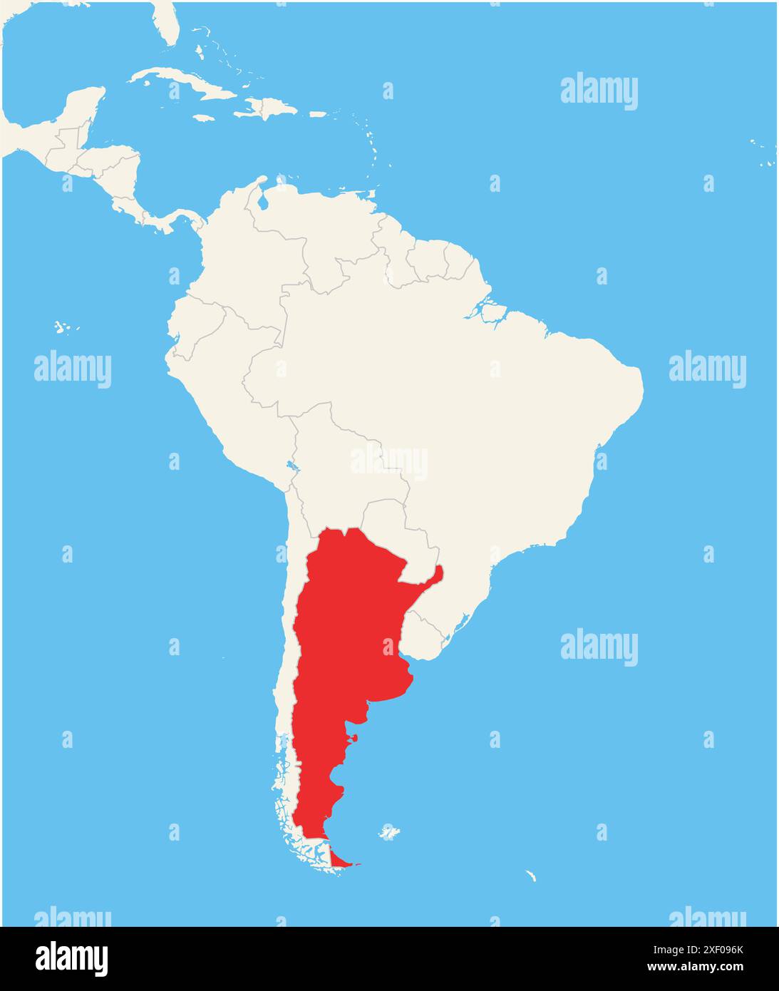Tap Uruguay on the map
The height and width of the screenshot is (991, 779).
point(431,631)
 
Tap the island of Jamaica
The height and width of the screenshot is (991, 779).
point(204,118)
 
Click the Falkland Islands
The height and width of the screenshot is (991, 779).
point(388,832)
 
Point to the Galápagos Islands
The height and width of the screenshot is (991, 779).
point(64,327)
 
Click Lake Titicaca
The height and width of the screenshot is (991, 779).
point(292,468)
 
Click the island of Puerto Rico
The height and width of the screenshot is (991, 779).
point(318,114)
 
